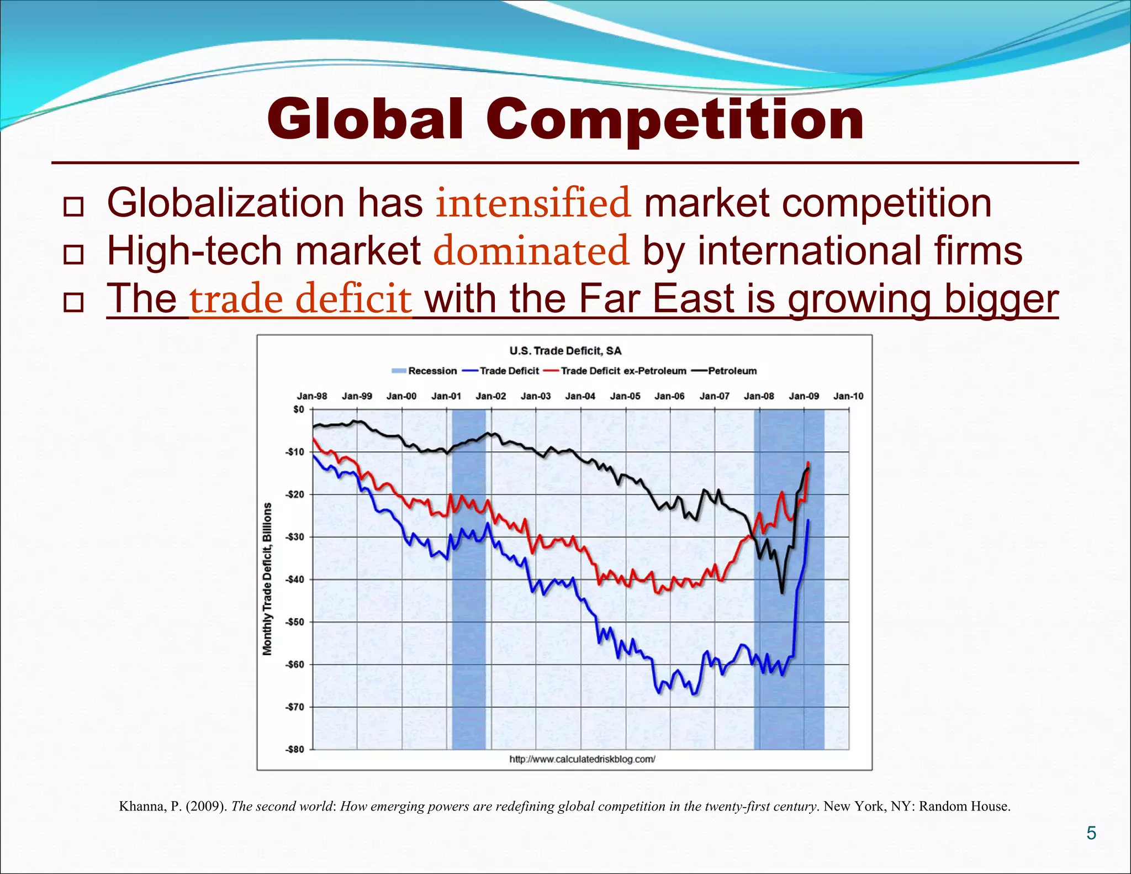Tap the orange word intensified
[x=533, y=203]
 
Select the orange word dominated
[x=531, y=250]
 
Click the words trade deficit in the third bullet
[x=300, y=299]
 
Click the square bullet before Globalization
[x=73, y=207]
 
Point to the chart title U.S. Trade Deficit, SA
[x=565, y=351]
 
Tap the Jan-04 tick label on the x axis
[x=580, y=396]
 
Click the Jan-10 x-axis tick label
[x=848, y=396]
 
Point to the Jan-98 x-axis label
[x=312, y=396]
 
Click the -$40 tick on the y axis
[x=294, y=580]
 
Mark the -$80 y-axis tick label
[x=294, y=750]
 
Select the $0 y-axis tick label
[x=298, y=409]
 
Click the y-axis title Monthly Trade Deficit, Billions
[x=268, y=579]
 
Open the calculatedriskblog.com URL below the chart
[x=582, y=759]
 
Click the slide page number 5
[x=1091, y=833]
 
